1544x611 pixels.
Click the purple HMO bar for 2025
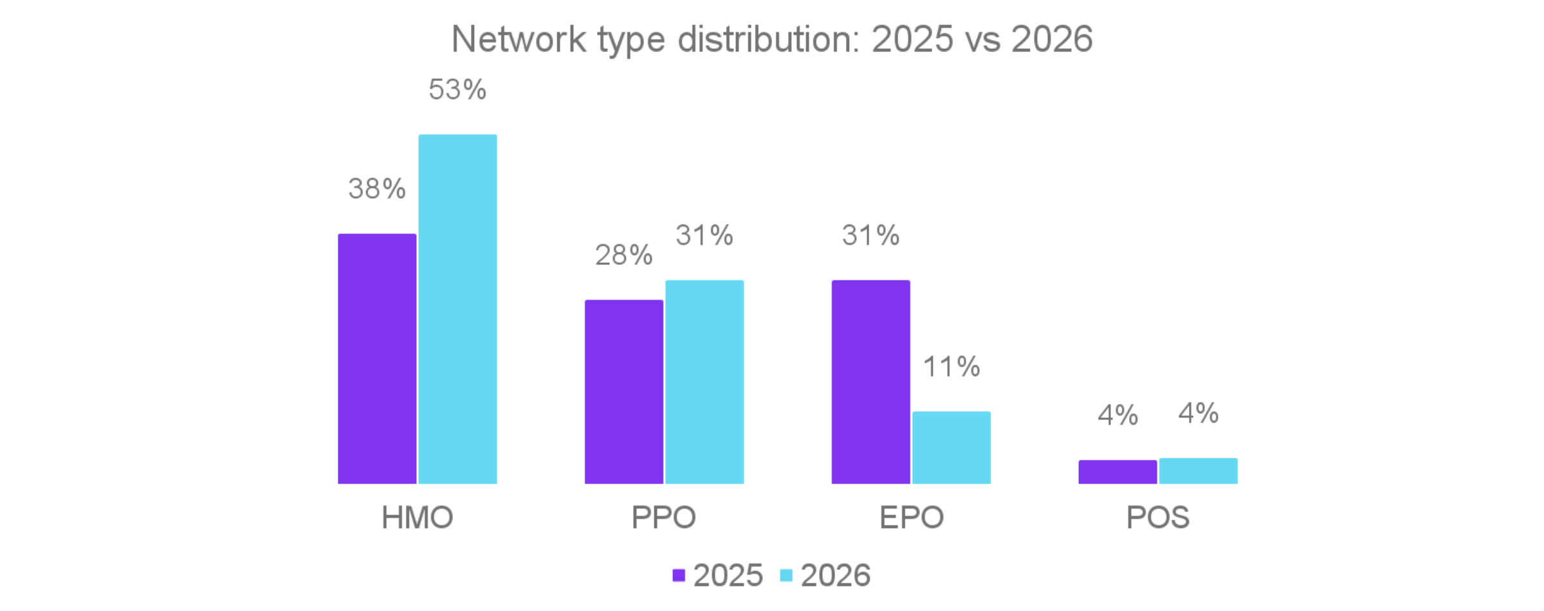click(377, 358)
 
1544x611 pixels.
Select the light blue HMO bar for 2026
click(457, 309)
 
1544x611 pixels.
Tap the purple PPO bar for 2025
click(623, 391)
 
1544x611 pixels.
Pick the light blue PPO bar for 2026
click(704, 381)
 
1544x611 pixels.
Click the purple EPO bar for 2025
click(870, 381)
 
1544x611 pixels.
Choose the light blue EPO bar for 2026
click(951, 447)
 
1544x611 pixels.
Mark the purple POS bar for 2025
click(1117, 471)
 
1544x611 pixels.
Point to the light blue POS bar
click(1198, 471)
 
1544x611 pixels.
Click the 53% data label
click(457, 89)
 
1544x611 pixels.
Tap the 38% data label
click(377, 188)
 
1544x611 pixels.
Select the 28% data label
click(623, 255)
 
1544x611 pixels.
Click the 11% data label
click(951, 367)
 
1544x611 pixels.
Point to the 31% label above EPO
click(870, 235)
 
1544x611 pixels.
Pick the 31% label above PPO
click(704, 235)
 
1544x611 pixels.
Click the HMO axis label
click(417, 517)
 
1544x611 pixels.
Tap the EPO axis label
click(911, 517)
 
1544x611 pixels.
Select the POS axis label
click(1157, 517)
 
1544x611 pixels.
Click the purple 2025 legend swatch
click(679, 575)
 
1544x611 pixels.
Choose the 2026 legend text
click(835, 575)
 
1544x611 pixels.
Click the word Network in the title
click(518, 39)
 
